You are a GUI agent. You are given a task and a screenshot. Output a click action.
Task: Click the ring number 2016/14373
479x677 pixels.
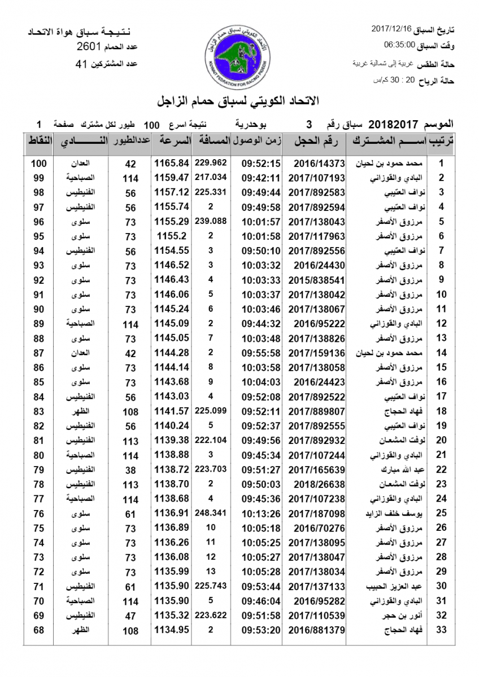pos(320,164)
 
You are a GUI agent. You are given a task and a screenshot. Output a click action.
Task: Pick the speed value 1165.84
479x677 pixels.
pos(171,164)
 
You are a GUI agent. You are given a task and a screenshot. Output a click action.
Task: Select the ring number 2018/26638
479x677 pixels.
pos(320,484)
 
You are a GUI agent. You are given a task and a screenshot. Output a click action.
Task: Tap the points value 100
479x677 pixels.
pos(38,164)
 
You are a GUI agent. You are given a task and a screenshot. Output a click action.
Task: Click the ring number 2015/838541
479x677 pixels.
pos(320,280)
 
